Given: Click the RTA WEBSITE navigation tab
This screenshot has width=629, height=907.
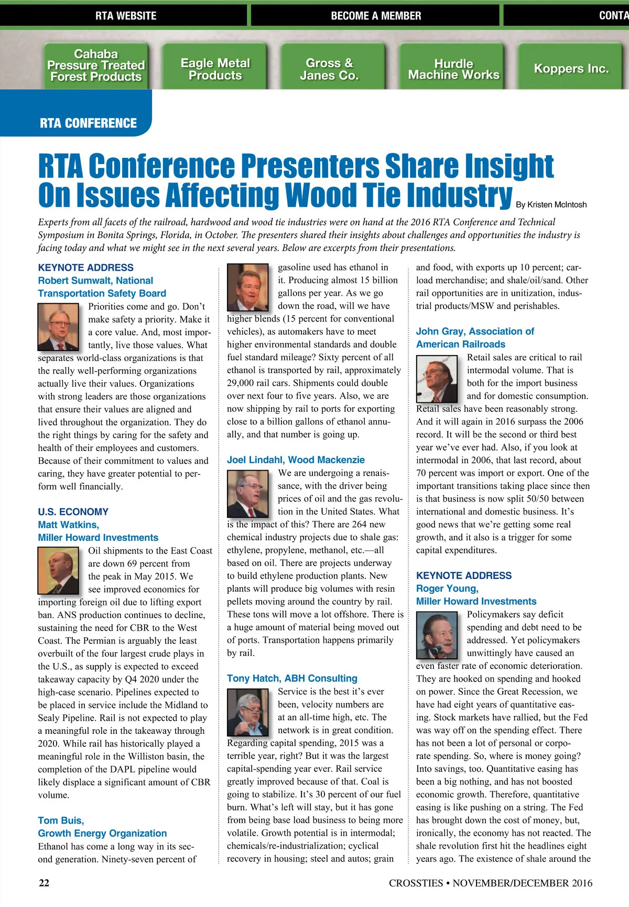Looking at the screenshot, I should (x=126, y=16).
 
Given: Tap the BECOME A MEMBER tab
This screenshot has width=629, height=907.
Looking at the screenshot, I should (x=376, y=16).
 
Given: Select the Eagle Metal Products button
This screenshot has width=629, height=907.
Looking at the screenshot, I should (x=215, y=69).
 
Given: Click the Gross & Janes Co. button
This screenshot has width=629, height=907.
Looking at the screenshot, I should (x=329, y=69).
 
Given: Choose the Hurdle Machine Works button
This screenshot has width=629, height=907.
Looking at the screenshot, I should (x=453, y=69).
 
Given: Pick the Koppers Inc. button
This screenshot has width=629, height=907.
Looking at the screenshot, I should (x=571, y=69).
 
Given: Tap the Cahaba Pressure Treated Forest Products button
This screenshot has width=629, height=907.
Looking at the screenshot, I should (x=96, y=66).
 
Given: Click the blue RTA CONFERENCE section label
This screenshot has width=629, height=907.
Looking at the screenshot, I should (x=88, y=123).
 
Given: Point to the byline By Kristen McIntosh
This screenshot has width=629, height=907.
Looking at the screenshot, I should (x=551, y=205).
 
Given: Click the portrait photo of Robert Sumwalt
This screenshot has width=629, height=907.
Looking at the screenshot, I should (x=59, y=327).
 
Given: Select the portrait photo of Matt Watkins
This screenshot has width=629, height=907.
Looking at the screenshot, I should (x=59, y=571).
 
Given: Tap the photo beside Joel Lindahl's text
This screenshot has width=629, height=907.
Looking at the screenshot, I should (x=248, y=494).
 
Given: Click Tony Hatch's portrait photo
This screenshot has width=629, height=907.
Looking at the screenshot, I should (x=248, y=712).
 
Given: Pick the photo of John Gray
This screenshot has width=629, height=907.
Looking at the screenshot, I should (x=437, y=379).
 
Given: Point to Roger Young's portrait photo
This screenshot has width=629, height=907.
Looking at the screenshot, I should (x=437, y=635).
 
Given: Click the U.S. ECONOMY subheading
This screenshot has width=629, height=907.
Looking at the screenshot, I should (x=73, y=512).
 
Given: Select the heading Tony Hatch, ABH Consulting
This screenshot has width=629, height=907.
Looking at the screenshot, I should (x=292, y=678).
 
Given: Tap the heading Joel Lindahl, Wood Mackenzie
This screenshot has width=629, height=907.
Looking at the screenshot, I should (x=296, y=460).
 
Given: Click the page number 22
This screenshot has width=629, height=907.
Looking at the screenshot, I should (x=44, y=883).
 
